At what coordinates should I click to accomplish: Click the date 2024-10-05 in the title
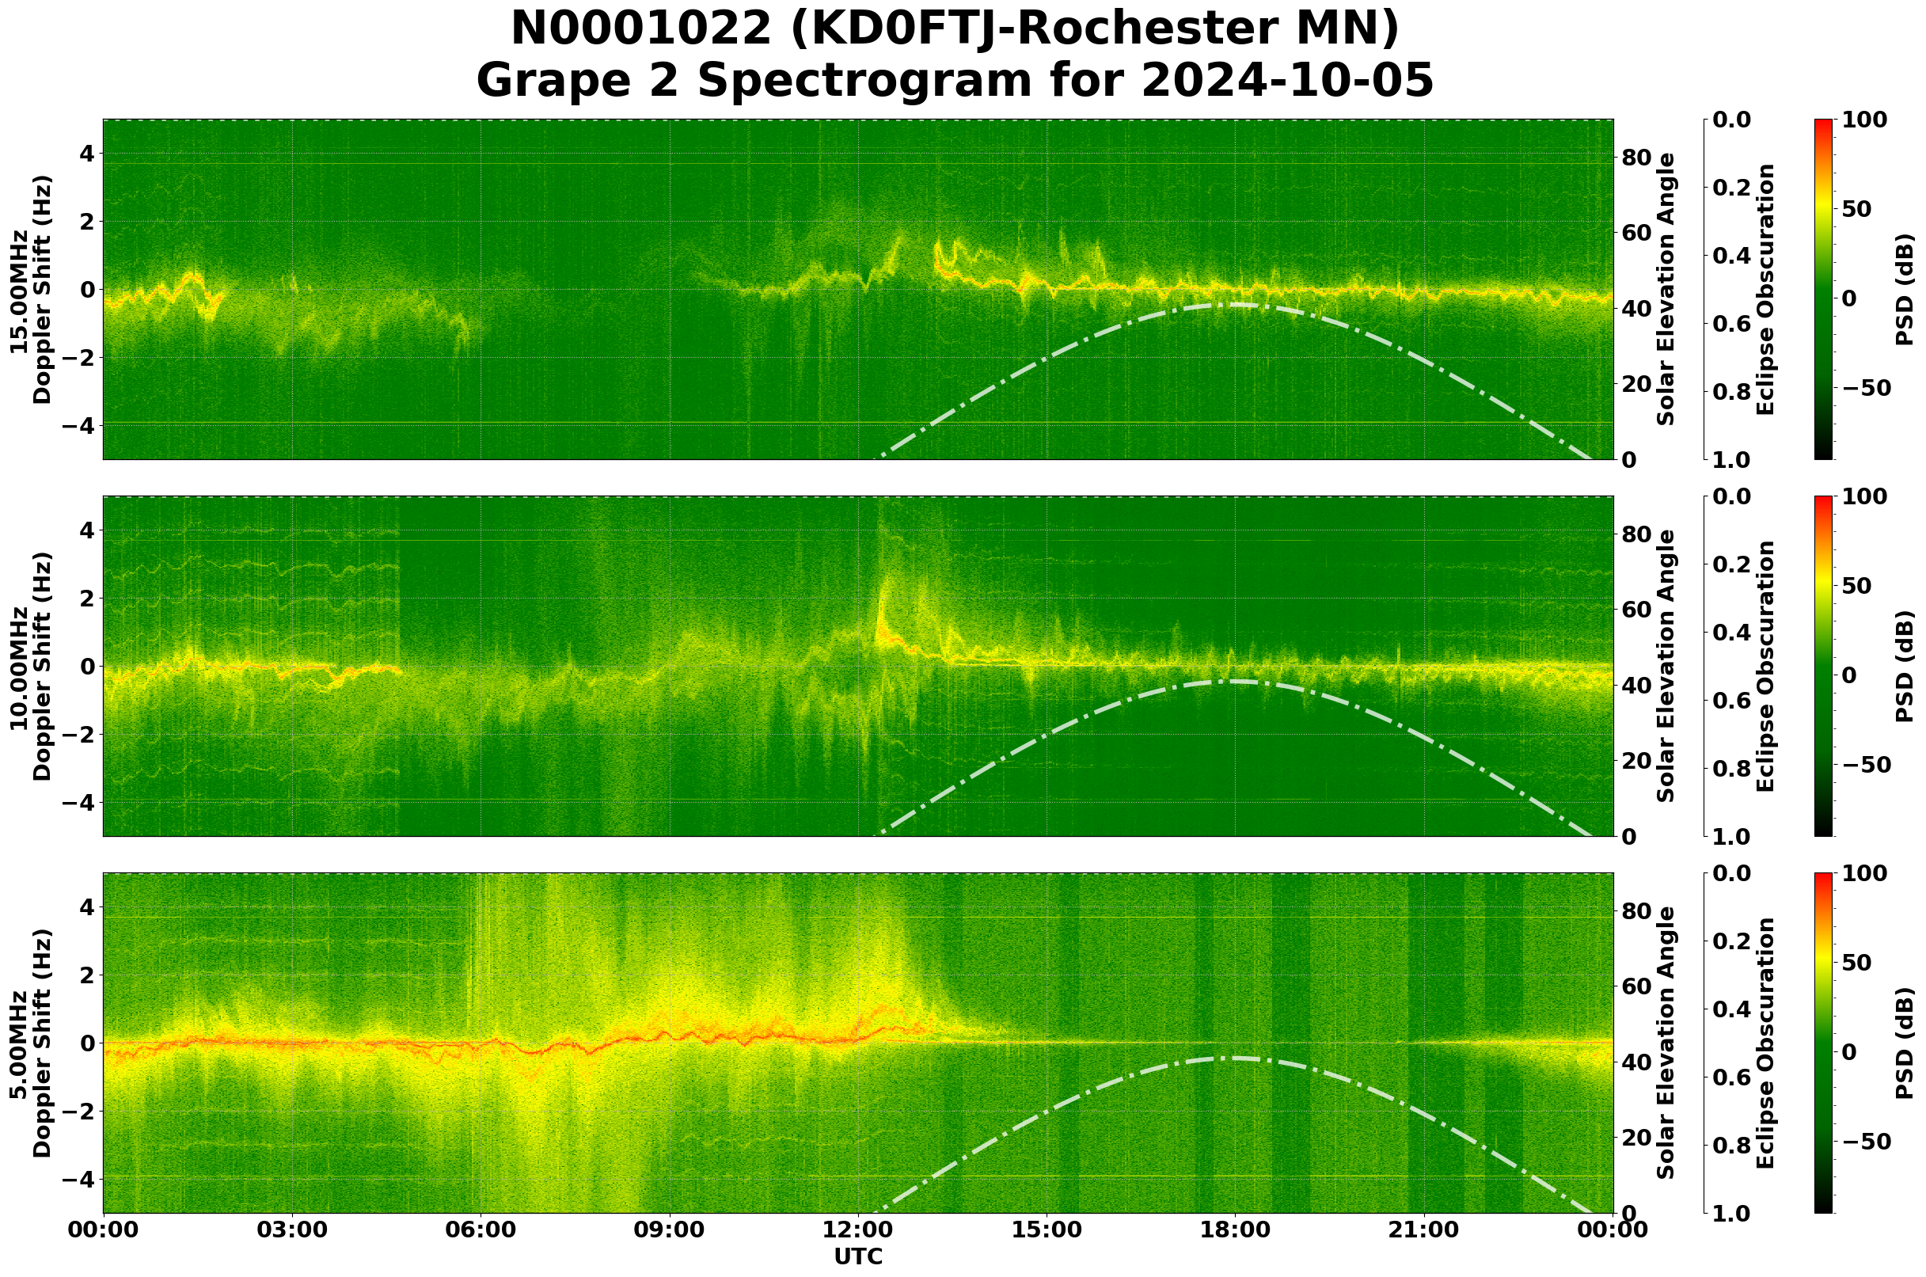coord(1286,82)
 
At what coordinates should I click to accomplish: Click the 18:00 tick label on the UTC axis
coord(1235,1229)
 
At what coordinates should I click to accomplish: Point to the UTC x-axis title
coord(858,1256)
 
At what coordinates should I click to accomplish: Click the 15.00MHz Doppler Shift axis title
coord(31,289)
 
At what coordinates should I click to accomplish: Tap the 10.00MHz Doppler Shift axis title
coord(31,666)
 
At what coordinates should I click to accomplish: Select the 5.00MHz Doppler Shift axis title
coord(31,1043)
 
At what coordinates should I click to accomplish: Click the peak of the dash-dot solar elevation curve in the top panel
coord(1235,305)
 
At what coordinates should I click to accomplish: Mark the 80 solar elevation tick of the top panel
coord(1635,158)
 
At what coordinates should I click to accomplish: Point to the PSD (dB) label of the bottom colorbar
coord(1904,1043)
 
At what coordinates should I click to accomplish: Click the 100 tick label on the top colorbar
coord(1863,120)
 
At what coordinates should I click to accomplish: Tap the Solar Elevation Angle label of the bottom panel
coord(1666,1043)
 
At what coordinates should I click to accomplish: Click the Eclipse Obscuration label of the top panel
coord(1765,289)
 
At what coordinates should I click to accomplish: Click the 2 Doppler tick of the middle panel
coord(87,598)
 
